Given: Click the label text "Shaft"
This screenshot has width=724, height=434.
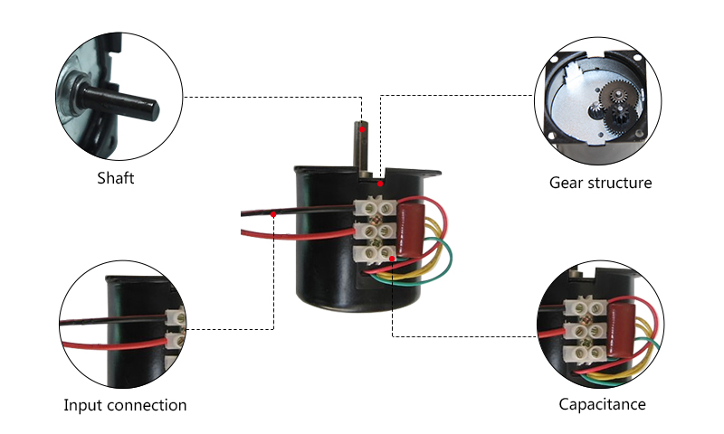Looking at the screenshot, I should click(115, 178).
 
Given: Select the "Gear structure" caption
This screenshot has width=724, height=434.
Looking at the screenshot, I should click(600, 183).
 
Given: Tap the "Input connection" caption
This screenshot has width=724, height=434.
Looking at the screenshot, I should click(125, 404).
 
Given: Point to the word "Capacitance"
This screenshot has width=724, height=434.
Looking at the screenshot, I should click(602, 403).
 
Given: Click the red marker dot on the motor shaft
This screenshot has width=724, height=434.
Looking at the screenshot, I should click(361, 130).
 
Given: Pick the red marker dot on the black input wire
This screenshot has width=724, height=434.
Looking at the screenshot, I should click(273, 213).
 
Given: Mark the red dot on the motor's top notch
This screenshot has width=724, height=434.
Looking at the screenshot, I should click(381, 184).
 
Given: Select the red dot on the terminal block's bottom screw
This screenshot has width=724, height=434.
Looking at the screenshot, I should click(391, 259).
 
